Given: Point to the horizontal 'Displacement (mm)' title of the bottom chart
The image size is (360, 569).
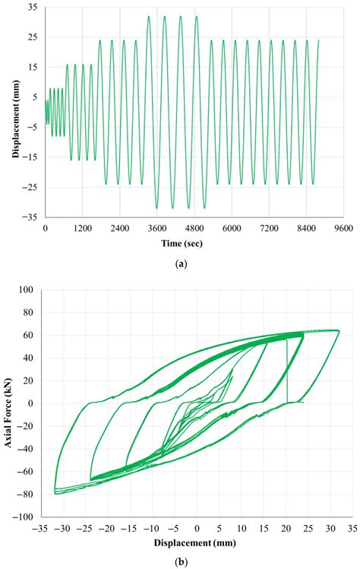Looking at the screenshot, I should (196, 544).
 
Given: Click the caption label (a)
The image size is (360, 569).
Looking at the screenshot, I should (180, 264).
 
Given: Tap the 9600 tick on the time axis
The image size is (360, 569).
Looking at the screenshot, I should (343, 228).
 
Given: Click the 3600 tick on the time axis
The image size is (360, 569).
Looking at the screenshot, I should (156, 228).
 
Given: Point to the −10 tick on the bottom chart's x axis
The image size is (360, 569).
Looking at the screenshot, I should (152, 529).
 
